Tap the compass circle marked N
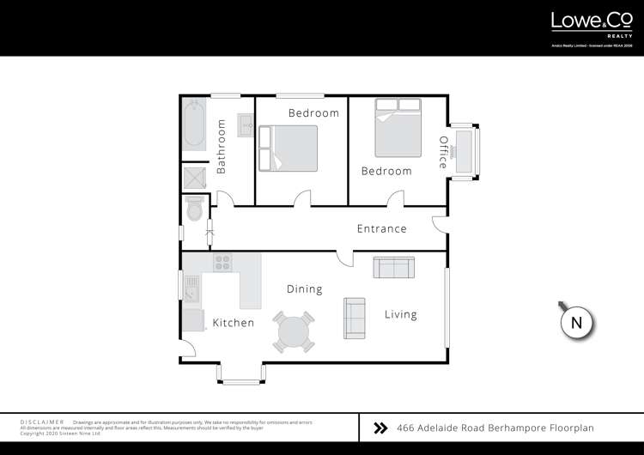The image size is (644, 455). [x=577, y=323]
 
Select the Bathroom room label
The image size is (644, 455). [x=221, y=147]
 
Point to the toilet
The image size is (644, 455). [x=193, y=208]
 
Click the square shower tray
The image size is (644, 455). [x=193, y=178]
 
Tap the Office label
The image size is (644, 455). [x=443, y=152]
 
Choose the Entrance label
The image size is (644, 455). [x=382, y=228]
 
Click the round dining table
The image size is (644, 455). [x=294, y=331]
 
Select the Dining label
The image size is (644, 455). [x=304, y=289]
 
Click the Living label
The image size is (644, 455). [x=400, y=314]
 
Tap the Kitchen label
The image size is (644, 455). [x=233, y=323]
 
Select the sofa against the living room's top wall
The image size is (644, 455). [x=393, y=267]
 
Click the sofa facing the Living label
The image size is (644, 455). [x=354, y=317]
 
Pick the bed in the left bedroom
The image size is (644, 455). [x=288, y=147]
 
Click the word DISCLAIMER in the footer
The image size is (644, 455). [x=42, y=422]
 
